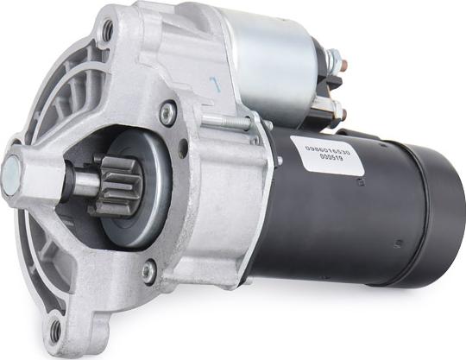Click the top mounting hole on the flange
(107, 31)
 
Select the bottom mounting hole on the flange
(57, 329)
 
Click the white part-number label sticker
(327, 153)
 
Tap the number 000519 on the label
(331, 160)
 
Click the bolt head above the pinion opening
(168, 111)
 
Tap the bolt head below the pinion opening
(149, 272)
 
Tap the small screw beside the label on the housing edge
(278, 161)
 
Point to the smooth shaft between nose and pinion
(84, 180)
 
